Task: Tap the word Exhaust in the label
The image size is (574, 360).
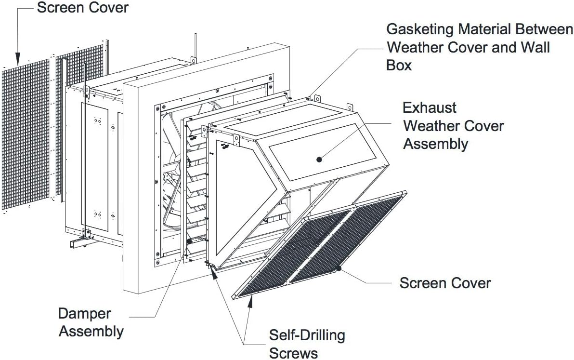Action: pyautogui.click(x=430, y=107)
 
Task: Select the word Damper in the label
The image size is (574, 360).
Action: pyautogui.click(x=84, y=314)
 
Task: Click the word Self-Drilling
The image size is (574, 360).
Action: pyautogui.click(x=307, y=335)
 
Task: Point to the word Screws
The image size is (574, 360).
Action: pyautogui.click(x=293, y=353)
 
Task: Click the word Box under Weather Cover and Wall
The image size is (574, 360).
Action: pyautogui.click(x=399, y=65)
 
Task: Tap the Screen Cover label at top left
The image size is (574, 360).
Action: pyautogui.click(x=83, y=8)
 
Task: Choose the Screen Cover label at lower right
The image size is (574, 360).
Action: pyautogui.click(x=445, y=283)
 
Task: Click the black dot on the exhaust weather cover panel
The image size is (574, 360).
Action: pyautogui.click(x=319, y=160)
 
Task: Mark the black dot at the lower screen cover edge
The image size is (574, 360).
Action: pyautogui.click(x=339, y=268)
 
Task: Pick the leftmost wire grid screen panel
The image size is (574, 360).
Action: pyautogui.click(x=26, y=134)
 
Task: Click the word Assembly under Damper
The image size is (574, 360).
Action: pyautogui.click(x=91, y=332)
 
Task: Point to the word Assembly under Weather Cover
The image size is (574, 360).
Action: pyautogui.click(x=436, y=144)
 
